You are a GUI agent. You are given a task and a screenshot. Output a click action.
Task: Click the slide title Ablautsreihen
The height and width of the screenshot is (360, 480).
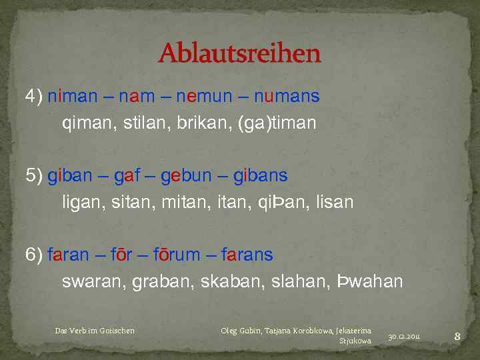click(x=239, y=53)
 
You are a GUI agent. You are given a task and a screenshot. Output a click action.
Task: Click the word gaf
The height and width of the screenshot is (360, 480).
click(x=126, y=175)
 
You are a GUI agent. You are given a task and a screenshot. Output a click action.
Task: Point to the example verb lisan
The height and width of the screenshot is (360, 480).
click(x=335, y=202)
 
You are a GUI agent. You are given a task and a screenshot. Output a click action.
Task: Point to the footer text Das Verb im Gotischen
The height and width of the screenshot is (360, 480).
click(x=95, y=331)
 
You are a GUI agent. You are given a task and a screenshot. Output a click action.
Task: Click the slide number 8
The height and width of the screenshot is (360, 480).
click(x=457, y=337)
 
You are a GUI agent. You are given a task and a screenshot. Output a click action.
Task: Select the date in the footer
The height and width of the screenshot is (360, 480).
click(x=407, y=337)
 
